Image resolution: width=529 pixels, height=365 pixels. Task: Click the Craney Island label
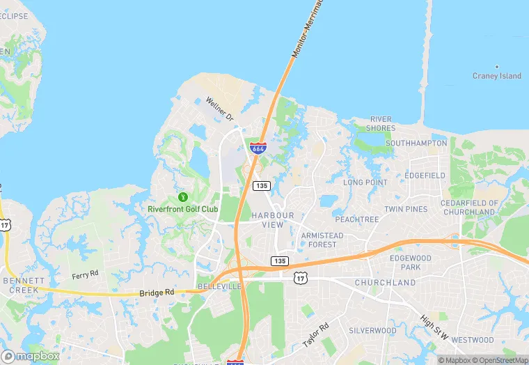[x=497, y=76]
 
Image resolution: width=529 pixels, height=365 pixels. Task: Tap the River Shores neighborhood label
[x=381, y=123]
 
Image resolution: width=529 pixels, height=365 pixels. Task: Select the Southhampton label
[x=416, y=143]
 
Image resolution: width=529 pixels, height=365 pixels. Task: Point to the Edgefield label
[x=424, y=176]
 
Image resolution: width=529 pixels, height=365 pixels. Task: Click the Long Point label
[x=365, y=182]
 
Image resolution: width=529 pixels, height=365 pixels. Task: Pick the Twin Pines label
[x=406, y=209]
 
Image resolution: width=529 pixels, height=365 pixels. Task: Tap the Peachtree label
[x=357, y=219]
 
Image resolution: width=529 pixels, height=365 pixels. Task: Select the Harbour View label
[x=273, y=219]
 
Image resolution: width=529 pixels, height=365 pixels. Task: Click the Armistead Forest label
[x=322, y=240]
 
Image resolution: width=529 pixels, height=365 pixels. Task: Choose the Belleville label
[x=219, y=286]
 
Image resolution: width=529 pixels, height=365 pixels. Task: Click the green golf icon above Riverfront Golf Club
[x=183, y=197]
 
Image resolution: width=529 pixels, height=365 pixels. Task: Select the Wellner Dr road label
[x=219, y=110]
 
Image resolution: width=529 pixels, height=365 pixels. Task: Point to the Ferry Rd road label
[x=86, y=276]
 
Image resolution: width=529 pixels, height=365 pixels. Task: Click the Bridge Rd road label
[x=156, y=293]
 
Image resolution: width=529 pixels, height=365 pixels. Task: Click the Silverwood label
[x=372, y=330]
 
